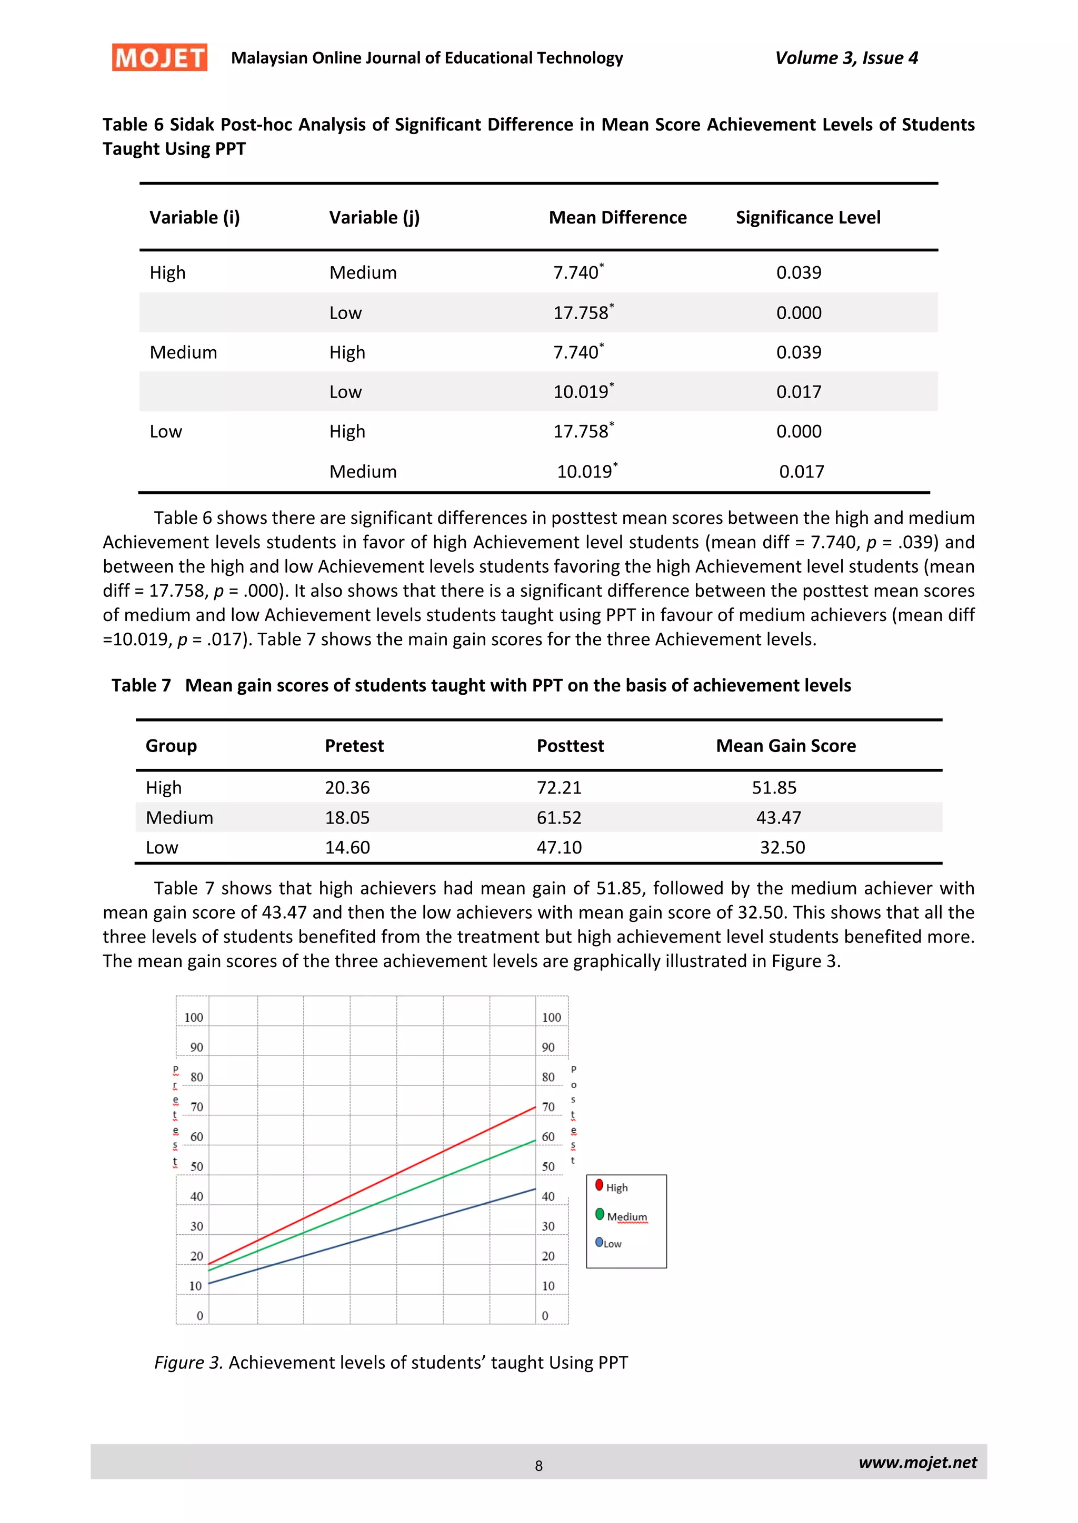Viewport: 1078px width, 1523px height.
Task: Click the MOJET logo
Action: (159, 58)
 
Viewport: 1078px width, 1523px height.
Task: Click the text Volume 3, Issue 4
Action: (846, 58)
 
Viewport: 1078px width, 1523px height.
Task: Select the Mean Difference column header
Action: (617, 218)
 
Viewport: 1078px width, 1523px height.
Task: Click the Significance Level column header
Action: (808, 218)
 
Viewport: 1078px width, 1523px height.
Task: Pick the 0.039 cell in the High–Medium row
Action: (798, 272)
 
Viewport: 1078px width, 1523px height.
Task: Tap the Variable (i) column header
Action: (194, 218)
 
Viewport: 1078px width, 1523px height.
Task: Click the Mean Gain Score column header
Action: (786, 746)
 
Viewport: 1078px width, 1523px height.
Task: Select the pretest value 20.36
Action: (347, 787)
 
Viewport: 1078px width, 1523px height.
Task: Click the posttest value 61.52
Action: (559, 817)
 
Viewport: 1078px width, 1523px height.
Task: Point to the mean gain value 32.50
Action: (782, 847)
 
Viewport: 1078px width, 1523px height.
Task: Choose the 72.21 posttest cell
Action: (559, 787)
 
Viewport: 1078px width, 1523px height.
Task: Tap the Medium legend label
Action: (626, 1216)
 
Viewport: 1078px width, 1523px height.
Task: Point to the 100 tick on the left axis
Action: (193, 1018)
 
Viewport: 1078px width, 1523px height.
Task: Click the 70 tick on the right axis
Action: (548, 1107)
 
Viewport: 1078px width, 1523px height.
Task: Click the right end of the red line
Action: (534, 1107)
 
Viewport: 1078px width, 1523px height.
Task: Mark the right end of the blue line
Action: (534, 1190)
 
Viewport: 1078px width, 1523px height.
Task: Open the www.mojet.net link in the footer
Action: (917, 1462)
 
